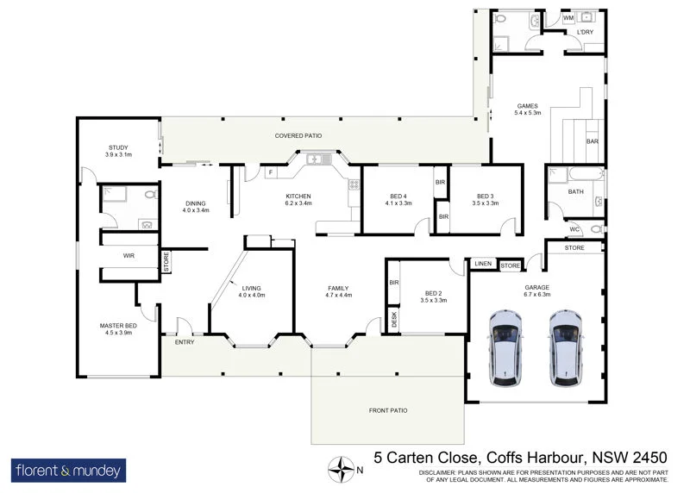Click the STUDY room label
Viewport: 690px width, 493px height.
pos(118,147)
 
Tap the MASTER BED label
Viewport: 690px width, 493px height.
pos(118,325)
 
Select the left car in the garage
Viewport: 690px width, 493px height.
pos(504,346)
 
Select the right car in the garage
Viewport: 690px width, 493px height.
pos(566,346)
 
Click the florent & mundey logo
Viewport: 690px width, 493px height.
pos(69,471)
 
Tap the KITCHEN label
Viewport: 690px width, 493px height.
pos(298,197)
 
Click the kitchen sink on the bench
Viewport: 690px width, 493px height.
pos(316,159)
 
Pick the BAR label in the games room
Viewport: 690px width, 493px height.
pos(593,141)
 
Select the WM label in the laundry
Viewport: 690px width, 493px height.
pos(568,17)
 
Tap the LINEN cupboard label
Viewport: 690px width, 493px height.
pos(483,265)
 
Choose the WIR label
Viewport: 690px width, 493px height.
pos(129,256)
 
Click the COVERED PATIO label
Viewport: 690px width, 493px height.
pos(298,136)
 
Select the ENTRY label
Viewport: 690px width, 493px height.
pos(185,342)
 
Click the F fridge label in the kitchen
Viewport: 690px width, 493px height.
pos(270,173)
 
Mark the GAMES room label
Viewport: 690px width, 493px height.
pos(527,106)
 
